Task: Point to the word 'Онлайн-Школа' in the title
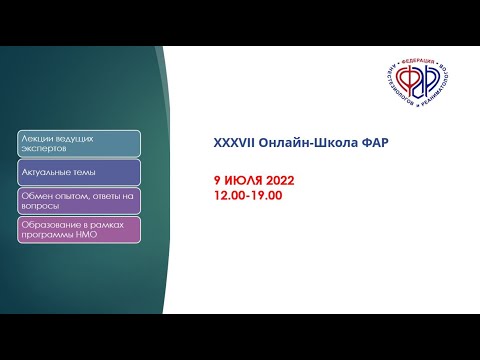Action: click(296, 142)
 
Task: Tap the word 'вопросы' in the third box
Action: click(41, 206)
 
